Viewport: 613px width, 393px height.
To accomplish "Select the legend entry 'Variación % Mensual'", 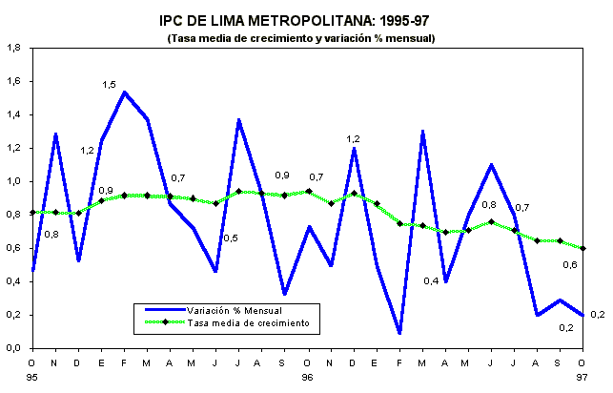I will point(233,309).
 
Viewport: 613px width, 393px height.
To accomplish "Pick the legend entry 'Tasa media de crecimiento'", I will point(247,323).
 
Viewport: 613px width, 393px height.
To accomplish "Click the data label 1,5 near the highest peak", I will point(109,85).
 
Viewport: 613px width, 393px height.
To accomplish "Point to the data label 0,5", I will point(230,238).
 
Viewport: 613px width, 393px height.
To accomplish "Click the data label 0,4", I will point(431,280).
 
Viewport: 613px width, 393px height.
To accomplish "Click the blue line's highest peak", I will point(125,93).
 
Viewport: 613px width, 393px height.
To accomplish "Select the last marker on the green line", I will point(582,248).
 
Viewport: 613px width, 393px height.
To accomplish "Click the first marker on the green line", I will point(33,212).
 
